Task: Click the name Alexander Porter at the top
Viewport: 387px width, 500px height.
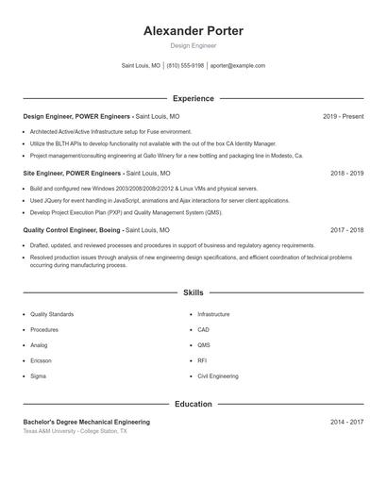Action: pyautogui.click(x=193, y=31)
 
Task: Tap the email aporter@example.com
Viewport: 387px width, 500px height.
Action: pyautogui.click(x=238, y=66)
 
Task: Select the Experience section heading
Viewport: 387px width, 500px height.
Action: pyautogui.click(x=193, y=98)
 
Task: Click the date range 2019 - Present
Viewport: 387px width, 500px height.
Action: pyautogui.click(x=343, y=116)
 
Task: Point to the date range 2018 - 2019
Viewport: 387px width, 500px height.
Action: pyautogui.click(x=346, y=174)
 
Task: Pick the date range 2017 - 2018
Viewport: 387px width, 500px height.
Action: pyautogui.click(x=346, y=230)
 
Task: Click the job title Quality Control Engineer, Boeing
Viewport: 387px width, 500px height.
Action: pyautogui.click(x=72, y=230)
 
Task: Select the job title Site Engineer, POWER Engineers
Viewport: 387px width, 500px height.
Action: pyautogui.click(x=73, y=174)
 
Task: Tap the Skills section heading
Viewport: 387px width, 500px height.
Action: pyautogui.click(x=193, y=292)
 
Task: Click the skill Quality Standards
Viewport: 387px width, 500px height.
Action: pyautogui.click(x=51, y=314)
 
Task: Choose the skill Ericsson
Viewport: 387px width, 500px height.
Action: pyautogui.click(x=41, y=360)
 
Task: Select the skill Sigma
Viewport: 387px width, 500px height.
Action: pyautogui.click(x=38, y=375)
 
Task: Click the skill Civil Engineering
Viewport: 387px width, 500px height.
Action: pyautogui.click(x=217, y=375)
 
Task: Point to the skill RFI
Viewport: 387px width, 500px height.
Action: pyautogui.click(x=202, y=360)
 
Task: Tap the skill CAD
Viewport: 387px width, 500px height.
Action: pyautogui.click(x=203, y=329)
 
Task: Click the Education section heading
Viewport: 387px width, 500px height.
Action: pyautogui.click(x=193, y=404)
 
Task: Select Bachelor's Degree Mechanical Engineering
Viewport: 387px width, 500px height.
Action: pyautogui.click(x=86, y=422)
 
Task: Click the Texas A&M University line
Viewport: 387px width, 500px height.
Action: pyautogui.click(x=74, y=431)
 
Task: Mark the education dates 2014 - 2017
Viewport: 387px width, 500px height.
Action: pyautogui.click(x=346, y=422)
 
